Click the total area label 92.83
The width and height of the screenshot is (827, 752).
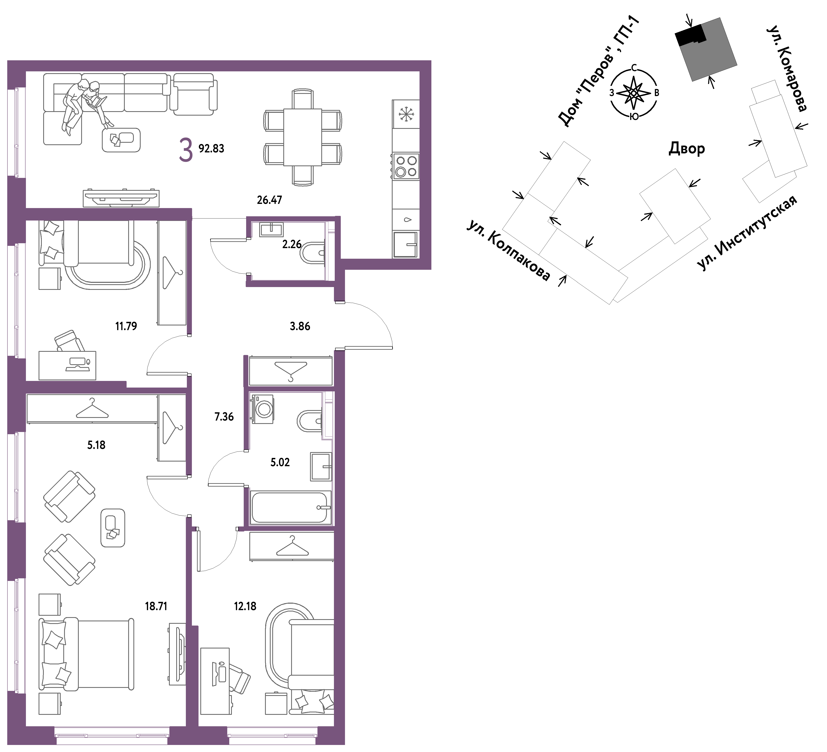(x=211, y=149)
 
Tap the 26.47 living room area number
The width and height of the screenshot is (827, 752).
(x=269, y=200)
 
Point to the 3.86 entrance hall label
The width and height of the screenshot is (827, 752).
(x=300, y=326)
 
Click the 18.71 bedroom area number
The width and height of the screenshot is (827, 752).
(x=156, y=606)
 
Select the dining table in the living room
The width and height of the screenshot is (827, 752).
(x=303, y=137)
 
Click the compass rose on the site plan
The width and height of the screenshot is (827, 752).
(x=634, y=93)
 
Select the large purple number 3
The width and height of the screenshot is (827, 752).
(x=186, y=150)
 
